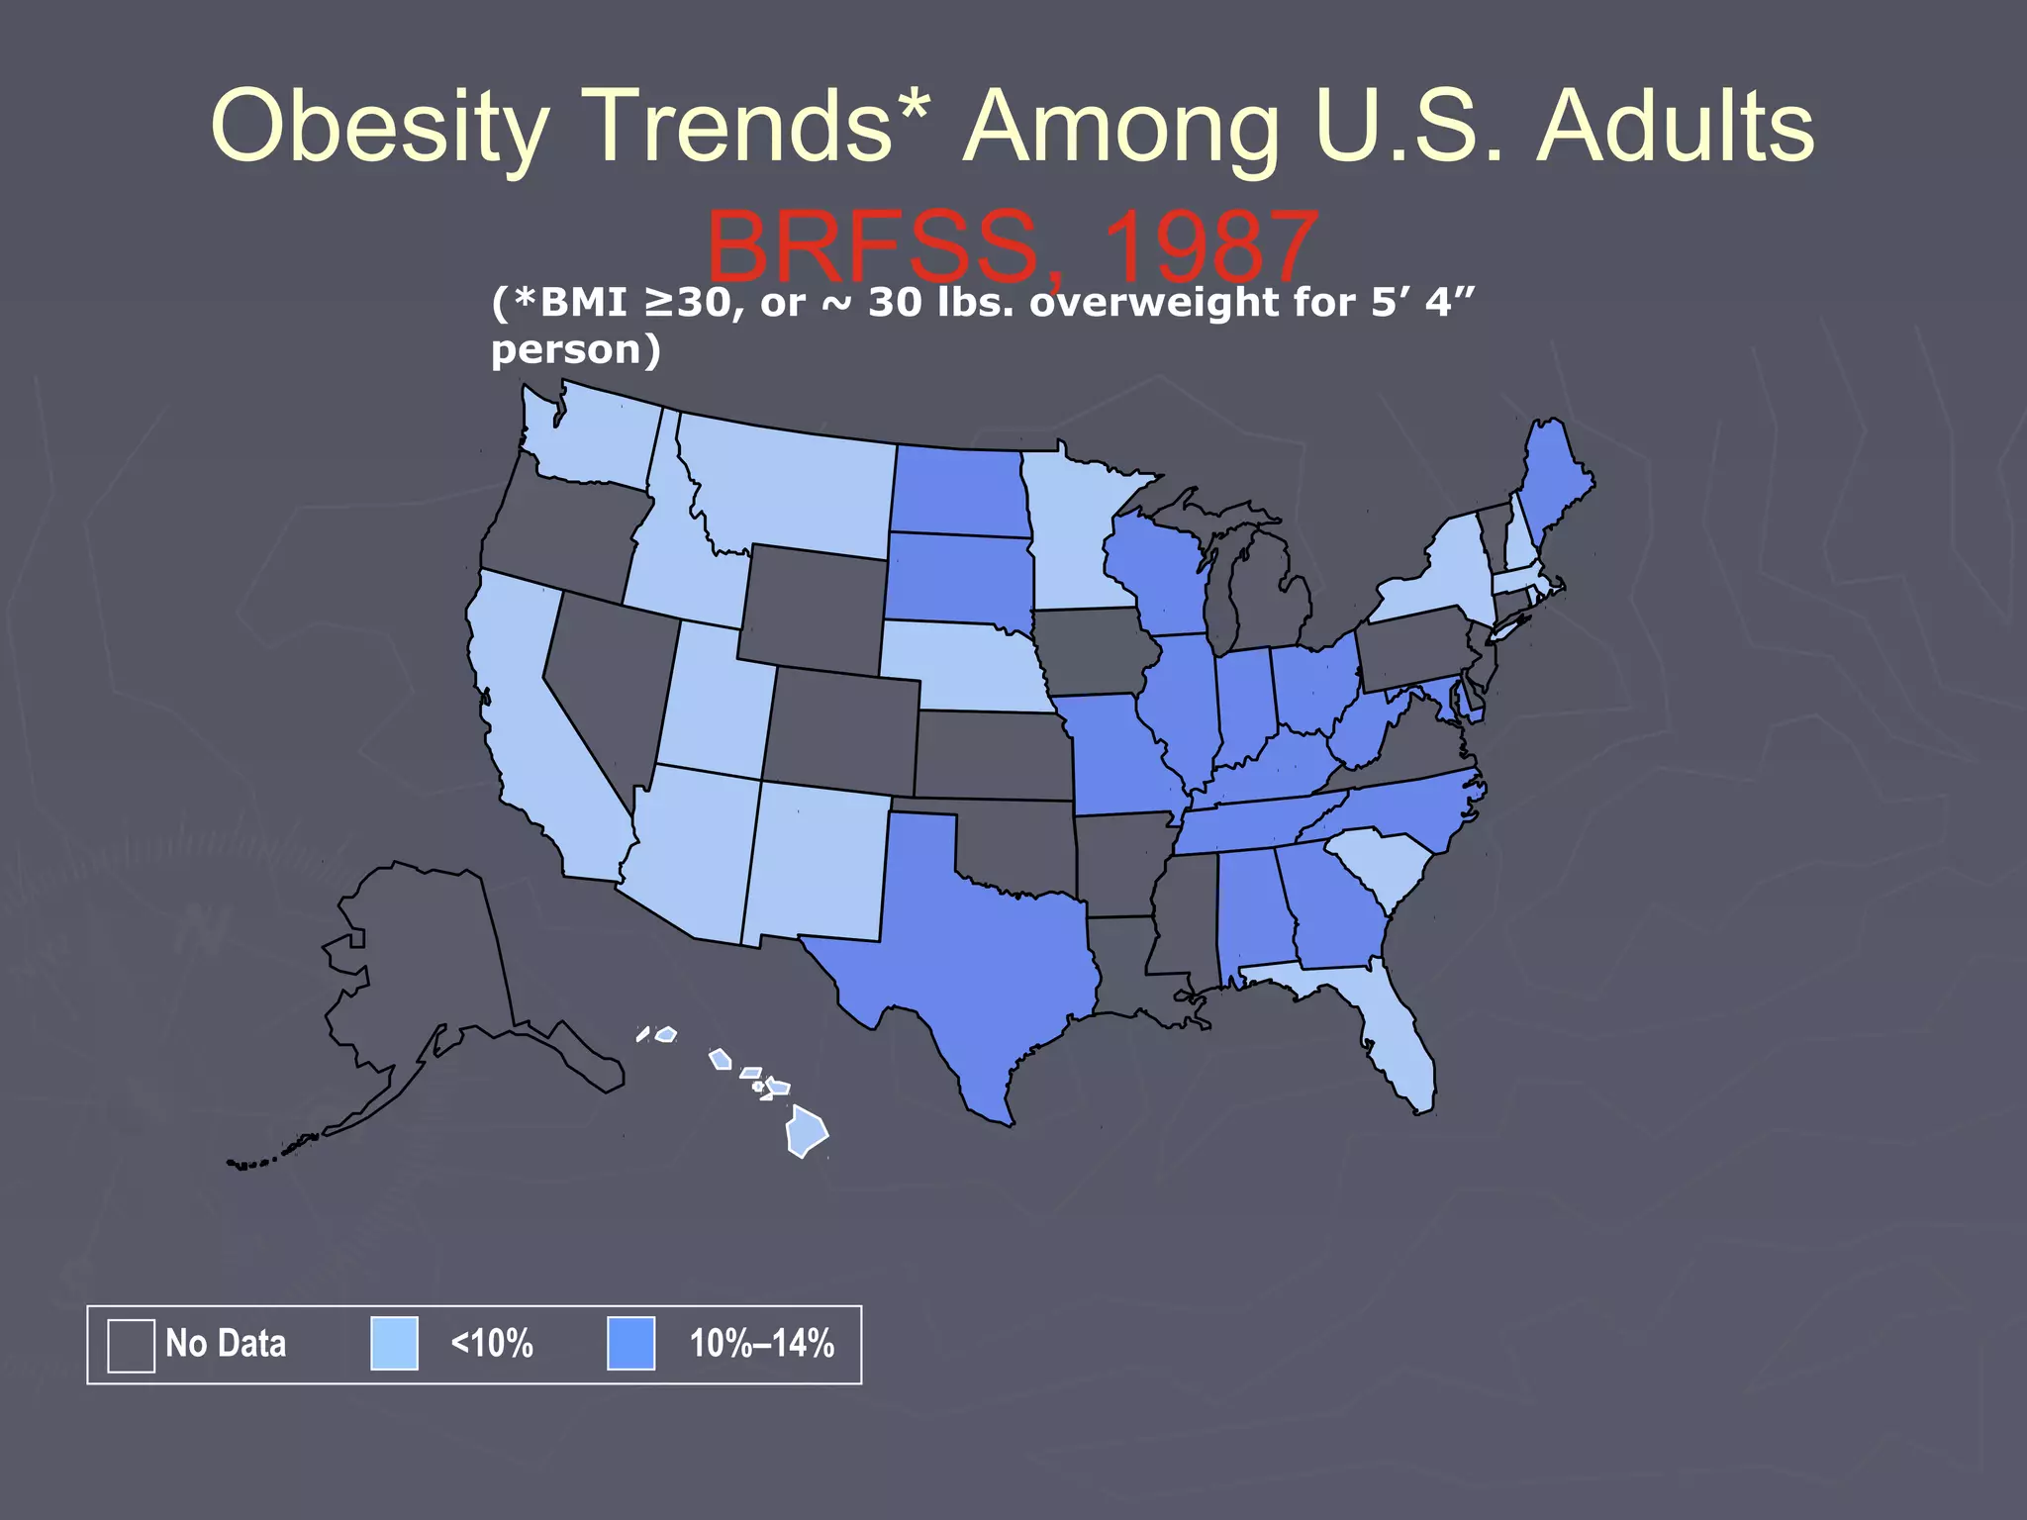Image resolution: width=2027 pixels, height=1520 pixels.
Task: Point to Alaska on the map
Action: click(x=426, y=970)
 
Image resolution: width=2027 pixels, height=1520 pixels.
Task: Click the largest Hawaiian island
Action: click(x=806, y=1131)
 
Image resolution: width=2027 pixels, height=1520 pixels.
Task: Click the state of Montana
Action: click(x=792, y=485)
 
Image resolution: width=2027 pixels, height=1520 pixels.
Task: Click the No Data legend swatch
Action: click(x=131, y=1345)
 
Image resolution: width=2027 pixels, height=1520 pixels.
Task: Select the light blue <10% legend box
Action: click(x=394, y=1343)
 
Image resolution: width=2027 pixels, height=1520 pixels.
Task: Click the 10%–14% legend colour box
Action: click(x=630, y=1343)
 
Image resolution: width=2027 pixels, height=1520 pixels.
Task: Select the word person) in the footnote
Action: click(x=575, y=349)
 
